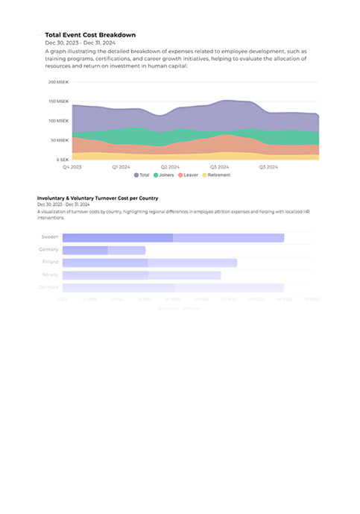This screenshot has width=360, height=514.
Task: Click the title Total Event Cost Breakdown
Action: [90, 34]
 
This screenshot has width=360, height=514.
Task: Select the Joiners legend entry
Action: [168, 175]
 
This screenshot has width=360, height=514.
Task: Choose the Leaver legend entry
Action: [189, 175]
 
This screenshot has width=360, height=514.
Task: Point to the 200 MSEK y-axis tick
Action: [59, 82]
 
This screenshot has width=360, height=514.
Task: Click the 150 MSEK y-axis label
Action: [59, 101]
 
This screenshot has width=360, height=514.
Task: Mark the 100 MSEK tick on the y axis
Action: [59, 121]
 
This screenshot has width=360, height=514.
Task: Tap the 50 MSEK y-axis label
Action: [60, 140]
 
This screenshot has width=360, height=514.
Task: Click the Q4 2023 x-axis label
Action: [72, 167]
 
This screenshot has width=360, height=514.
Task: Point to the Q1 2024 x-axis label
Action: [121, 167]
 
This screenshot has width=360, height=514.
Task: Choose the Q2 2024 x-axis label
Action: [170, 167]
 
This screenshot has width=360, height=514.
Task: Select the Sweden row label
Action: [50, 237]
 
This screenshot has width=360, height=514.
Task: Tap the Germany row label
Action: [49, 250]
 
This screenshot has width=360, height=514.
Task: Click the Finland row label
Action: [50, 263]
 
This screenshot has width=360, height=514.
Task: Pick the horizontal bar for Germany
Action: [104, 250]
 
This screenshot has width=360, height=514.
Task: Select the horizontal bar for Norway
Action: [142, 275]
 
